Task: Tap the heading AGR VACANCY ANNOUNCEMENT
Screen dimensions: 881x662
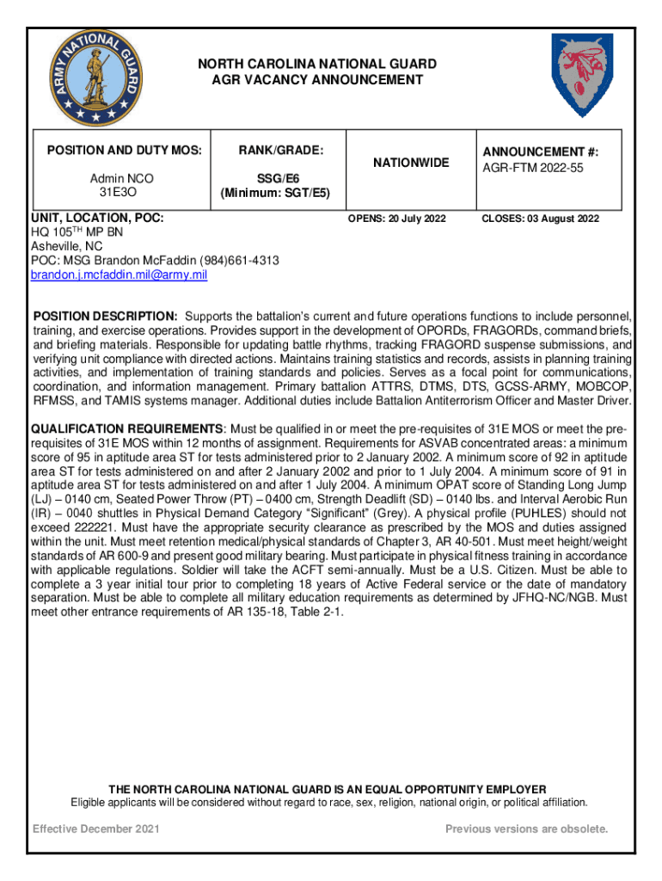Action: [318, 80]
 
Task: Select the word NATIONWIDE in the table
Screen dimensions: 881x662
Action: [410, 163]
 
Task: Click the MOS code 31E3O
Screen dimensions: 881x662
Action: [115, 192]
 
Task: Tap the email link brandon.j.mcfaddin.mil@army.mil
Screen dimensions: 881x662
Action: [119, 274]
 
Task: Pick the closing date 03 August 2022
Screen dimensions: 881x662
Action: [563, 219]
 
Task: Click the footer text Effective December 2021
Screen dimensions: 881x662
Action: [95, 829]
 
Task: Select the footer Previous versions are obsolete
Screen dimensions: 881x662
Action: [526, 829]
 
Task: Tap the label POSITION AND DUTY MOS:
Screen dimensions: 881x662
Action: [116, 151]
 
